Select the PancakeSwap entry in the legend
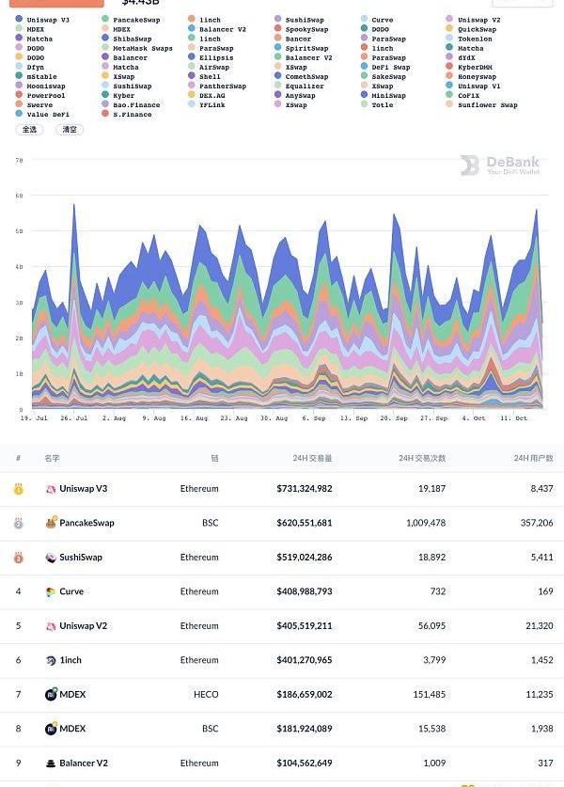[135, 20]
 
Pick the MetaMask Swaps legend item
[142, 48]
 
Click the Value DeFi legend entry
[48, 115]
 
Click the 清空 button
[70, 130]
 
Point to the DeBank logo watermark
[500, 165]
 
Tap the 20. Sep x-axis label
[394, 417]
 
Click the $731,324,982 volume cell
[304, 489]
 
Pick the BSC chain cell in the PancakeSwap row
[210, 523]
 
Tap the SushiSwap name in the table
[80, 558]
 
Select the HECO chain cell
[206, 695]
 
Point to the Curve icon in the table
[51, 592]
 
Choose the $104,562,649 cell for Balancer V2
[304, 763]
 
